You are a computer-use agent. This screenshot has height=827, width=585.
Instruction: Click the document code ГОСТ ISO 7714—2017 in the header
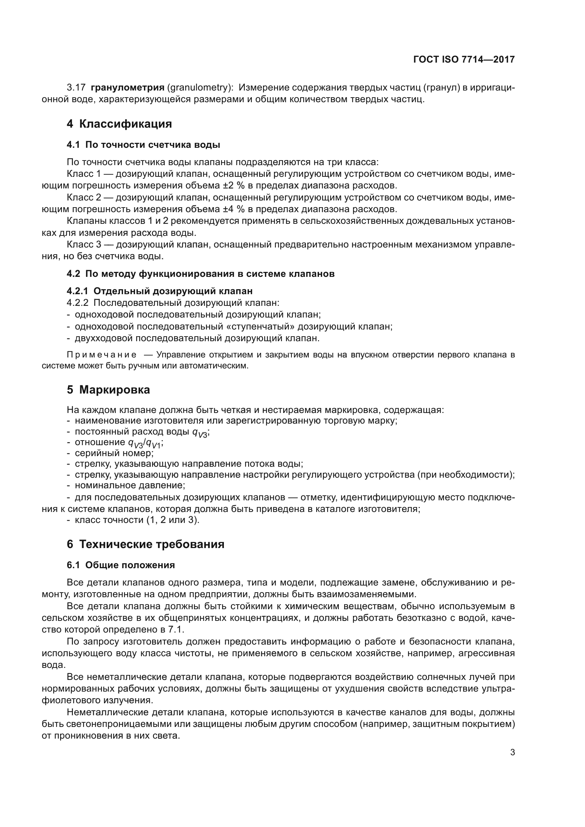pyautogui.click(x=464, y=59)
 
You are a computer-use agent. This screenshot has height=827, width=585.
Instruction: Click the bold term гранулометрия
pyautogui.click(x=128, y=88)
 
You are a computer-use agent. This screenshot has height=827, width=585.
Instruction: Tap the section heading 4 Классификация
pyautogui.click(x=119, y=124)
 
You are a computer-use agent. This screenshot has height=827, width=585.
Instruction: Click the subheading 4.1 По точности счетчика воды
pyautogui.click(x=143, y=145)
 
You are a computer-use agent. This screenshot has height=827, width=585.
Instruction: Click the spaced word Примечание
pyautogui.click(x=102, y=355)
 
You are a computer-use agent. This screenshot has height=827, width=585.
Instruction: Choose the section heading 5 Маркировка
pyautogui.click(x=109, y=390)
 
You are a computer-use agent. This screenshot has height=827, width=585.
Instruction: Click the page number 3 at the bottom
pyautogui.click(x=512, y=752)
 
